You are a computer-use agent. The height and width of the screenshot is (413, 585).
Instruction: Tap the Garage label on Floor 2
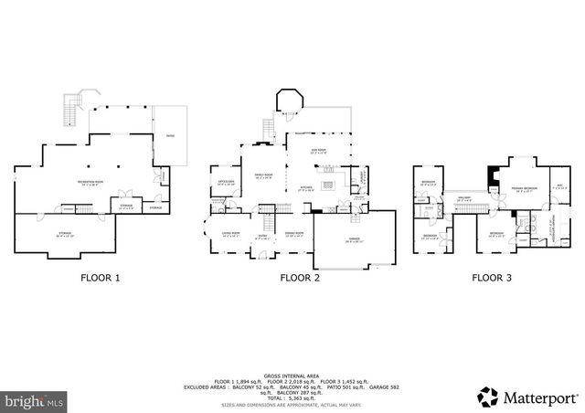(x=353, y=238)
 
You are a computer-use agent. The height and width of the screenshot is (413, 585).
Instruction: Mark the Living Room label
(x=230, y=234)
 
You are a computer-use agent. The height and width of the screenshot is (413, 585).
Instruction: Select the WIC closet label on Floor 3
(x=560, y=186)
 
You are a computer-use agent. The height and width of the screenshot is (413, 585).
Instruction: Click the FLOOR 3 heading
(x=492, y=277)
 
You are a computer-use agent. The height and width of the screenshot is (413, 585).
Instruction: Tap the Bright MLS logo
(x=35, y=399)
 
